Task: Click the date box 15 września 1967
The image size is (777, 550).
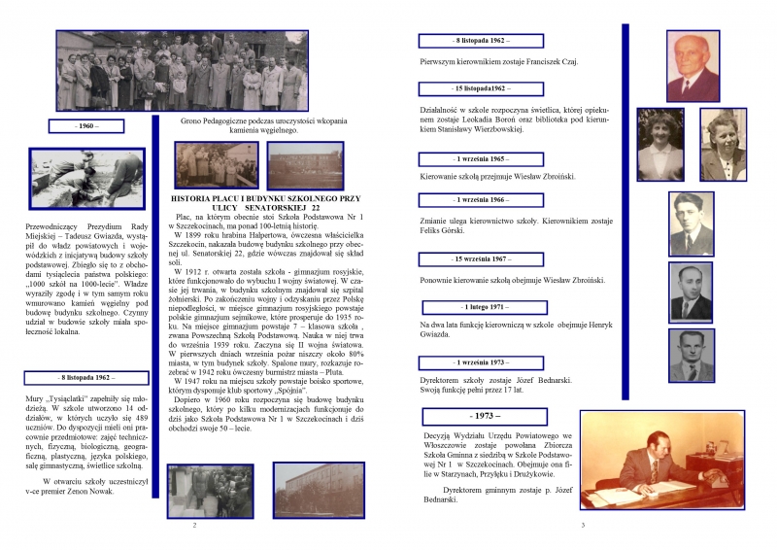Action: click(x=480, y=259)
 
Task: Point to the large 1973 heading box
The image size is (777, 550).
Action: click(x=480, y=416)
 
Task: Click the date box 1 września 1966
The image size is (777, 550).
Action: click(x=480, y=199)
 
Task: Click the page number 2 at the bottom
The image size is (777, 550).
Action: click(x=195, y=525)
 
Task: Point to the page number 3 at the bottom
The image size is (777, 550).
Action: click(x=581, y=525)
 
